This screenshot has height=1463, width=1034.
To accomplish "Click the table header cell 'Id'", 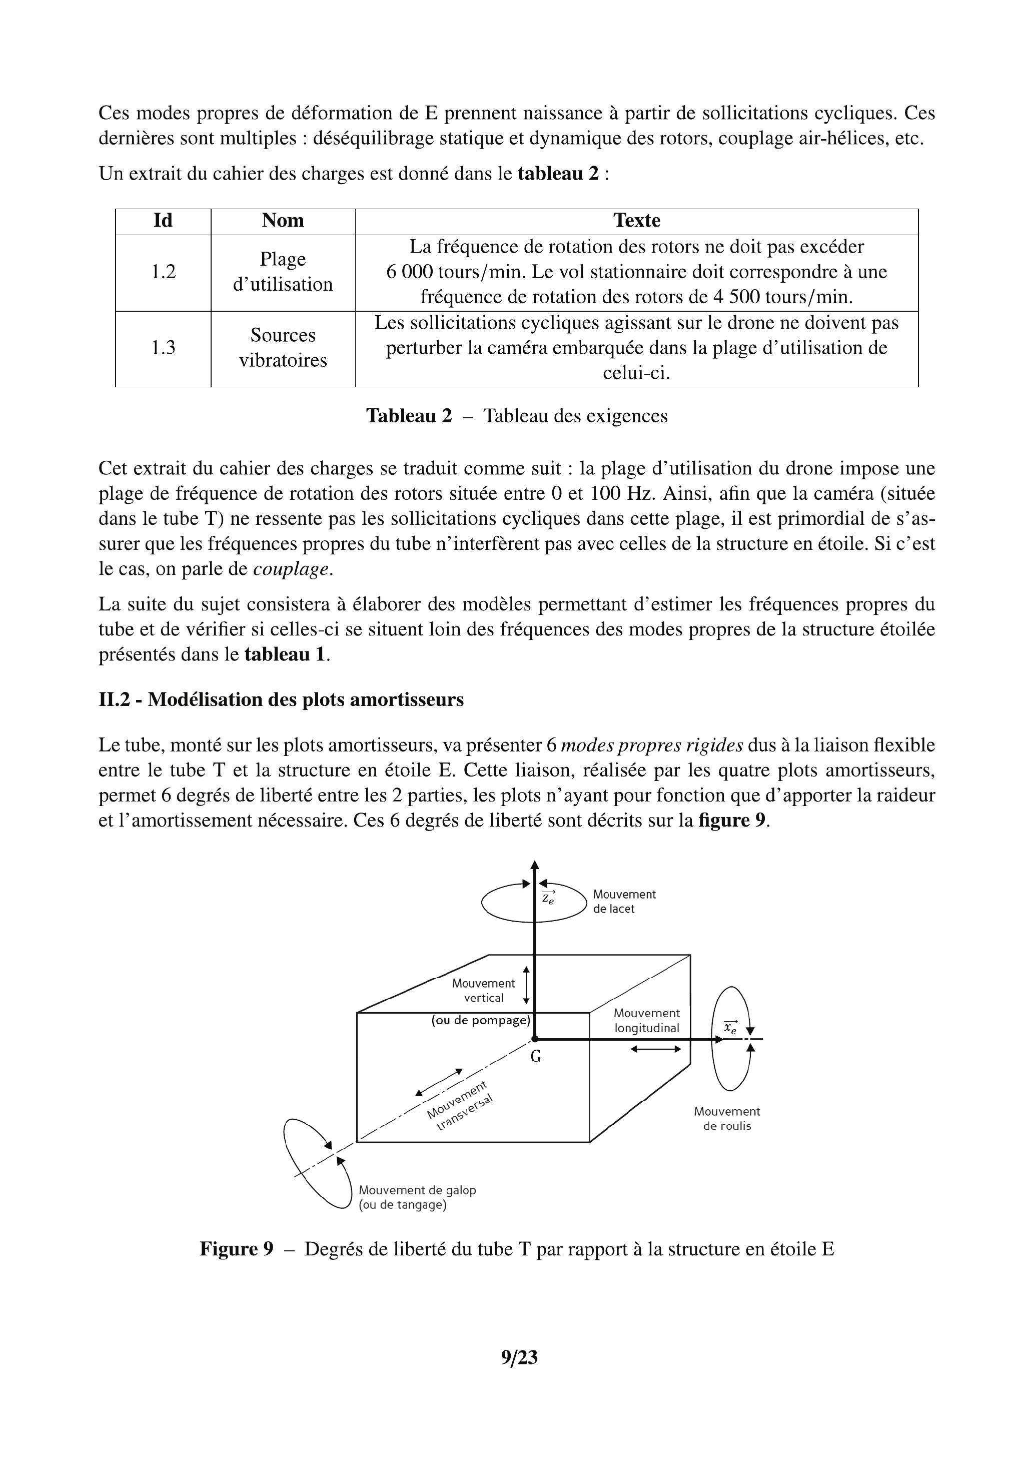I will click(x=163, y=221).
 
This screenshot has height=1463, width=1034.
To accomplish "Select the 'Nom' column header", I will click(x=283, y=221).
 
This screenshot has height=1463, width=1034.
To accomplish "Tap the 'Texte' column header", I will click(x=636, y=221).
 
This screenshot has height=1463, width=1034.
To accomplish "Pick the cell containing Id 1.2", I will click(x=163, y=272).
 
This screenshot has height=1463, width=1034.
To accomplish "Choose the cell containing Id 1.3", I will click(x=163, y=348).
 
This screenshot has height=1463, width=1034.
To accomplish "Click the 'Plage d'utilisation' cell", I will click(x=283, y=272).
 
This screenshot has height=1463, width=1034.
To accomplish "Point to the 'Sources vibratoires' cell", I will click(x=283, y=348).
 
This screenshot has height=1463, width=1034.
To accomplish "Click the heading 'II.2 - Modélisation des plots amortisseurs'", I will click(x=281, y=699).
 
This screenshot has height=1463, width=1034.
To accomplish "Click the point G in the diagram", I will click(x=535, y=1039).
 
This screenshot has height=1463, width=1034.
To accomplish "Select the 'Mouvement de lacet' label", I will click(x=624, y=902).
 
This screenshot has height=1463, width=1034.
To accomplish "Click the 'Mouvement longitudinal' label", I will click(x=647, y=1020).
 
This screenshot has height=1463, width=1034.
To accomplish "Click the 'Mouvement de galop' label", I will click(x=417, y=1190).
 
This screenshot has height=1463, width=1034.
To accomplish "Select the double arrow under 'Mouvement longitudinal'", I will click(x=656, y=1049).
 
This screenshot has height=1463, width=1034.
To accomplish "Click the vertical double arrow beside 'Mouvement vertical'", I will click(x=526, y=985).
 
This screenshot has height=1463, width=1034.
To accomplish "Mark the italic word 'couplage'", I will click(x=292, y=569).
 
